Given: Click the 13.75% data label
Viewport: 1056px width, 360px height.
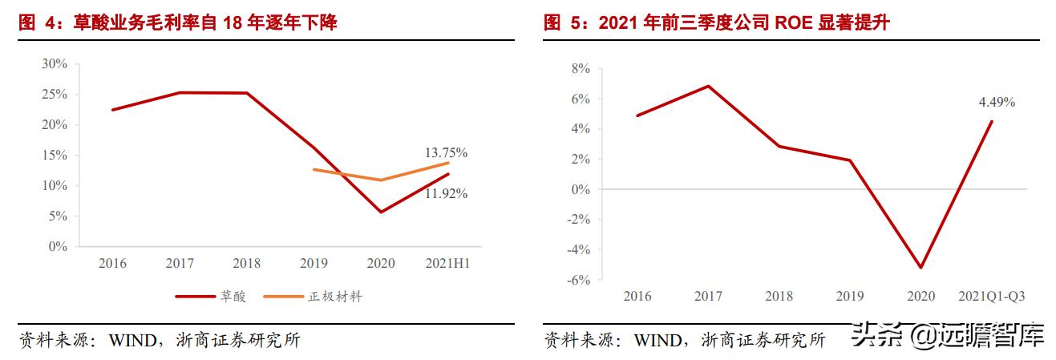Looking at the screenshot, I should [x=447, y=152].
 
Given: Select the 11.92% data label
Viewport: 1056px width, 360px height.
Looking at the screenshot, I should [x=447, y=193].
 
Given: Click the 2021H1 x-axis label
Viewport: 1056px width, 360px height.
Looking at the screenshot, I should [x=447, y=263].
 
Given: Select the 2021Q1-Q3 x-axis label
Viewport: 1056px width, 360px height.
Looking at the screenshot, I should [x=991, y=297].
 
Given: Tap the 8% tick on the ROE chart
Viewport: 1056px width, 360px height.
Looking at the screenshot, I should [x=579, y=69].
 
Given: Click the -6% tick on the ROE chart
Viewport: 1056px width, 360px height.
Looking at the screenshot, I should [x=577, y=281].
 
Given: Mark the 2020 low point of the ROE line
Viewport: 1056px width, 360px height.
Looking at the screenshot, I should [x=921, y=268].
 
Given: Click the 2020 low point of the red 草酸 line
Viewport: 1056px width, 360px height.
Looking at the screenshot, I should [x=380, y=212].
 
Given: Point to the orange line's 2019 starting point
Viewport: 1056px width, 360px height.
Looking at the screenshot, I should [x=314, y=169].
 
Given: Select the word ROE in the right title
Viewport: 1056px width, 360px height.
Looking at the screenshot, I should [x=794, y=23].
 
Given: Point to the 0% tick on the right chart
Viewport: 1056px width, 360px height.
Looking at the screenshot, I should [x=579, y=190].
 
